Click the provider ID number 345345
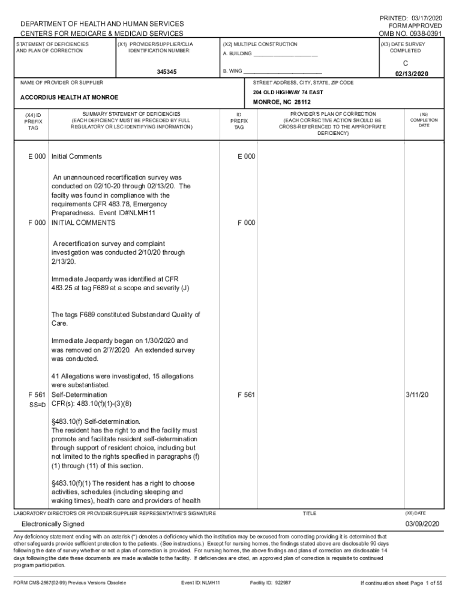tap(167, 71)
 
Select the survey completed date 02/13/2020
tap(412, 74)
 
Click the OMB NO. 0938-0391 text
tap(410, 34)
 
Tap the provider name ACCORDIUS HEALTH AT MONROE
tap(69, 97)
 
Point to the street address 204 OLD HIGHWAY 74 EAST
tap(288, 92)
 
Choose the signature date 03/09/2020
tap(422, 524)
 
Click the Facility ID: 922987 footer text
tap(270, 582)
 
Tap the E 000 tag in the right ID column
tap(246, 156)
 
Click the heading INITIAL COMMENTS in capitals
tap(83, 222)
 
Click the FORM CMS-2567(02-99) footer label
tap(70, 582)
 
